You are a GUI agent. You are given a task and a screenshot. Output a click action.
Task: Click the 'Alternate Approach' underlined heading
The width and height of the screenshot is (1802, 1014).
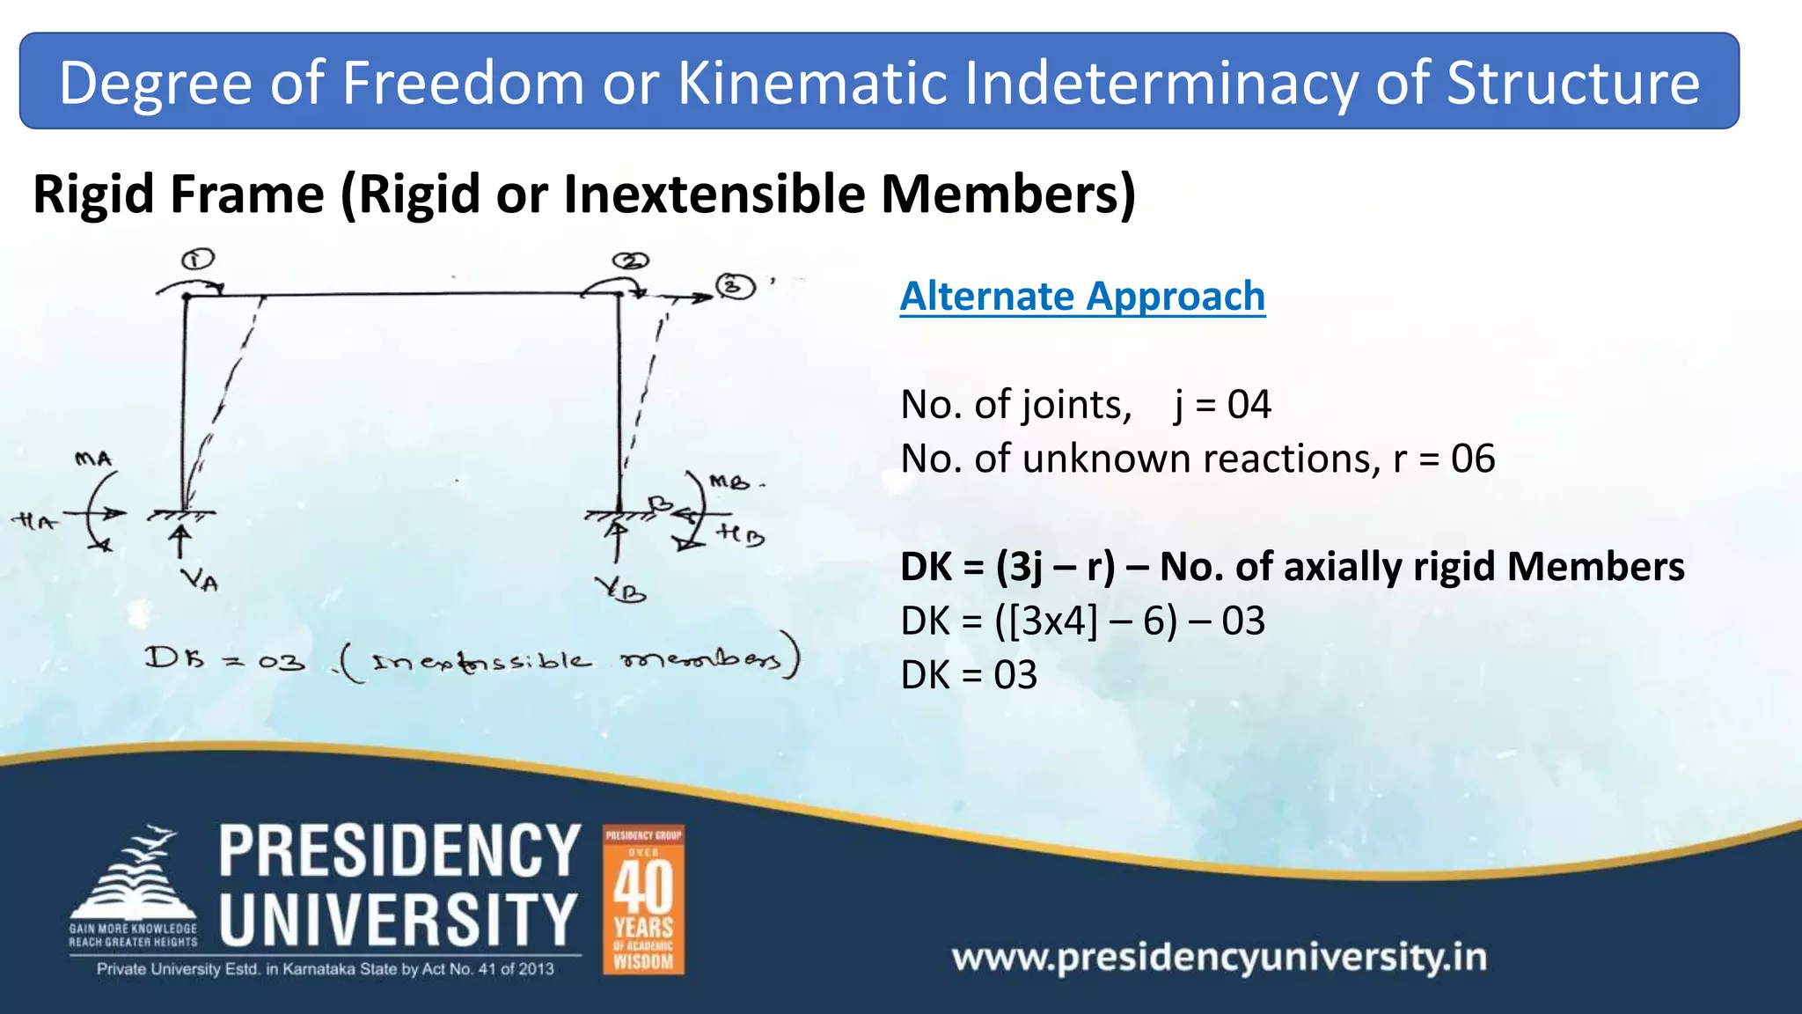[x=1082, y=297]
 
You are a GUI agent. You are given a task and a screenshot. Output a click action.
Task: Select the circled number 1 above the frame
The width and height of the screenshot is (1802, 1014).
[x=198, y=260]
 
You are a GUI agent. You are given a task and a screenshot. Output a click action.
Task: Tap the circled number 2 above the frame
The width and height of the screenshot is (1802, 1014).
[x=631, y=261]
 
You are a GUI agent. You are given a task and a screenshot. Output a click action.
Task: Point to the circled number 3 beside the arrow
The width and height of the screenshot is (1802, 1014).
[x=736, y=287]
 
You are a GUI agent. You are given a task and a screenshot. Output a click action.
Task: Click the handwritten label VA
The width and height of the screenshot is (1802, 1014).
[x=199, y=580]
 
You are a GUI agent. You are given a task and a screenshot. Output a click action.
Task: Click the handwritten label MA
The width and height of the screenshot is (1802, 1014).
[x=93, y=459]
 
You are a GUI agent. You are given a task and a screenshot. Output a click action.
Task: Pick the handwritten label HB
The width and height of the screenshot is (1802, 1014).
[x=739, y=533]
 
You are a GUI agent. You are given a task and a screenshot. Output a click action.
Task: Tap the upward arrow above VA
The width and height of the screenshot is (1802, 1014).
[x=180, y=539]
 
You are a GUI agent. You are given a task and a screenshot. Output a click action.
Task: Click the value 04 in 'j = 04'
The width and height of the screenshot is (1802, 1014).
[x=1249, y=405]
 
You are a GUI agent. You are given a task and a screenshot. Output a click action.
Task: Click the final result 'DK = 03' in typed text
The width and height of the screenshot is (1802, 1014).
[x=969, y=675]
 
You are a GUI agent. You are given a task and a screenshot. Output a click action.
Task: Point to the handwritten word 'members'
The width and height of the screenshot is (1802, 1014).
[x=701, y=659]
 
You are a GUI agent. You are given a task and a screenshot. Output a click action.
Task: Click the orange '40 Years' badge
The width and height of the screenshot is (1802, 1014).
[x=643, y=900]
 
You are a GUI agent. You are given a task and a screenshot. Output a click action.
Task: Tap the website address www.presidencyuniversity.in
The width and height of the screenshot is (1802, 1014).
[x=1219, y=957]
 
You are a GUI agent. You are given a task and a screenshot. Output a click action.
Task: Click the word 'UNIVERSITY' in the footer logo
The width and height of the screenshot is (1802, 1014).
[x=399, y=919]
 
